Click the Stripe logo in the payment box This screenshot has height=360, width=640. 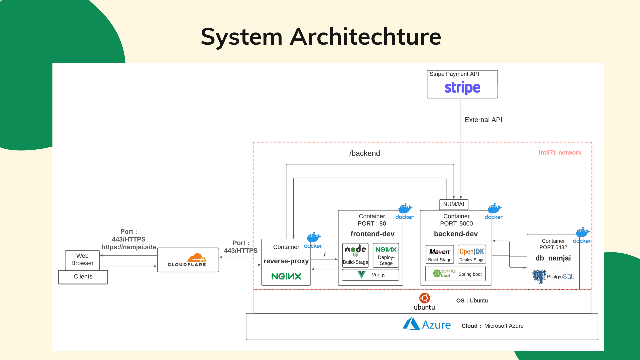click(x=462, y=88)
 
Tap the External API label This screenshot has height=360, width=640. click(x=483, y=120)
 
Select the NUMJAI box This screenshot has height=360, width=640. click(x=454, y=204)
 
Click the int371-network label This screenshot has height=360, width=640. click(x=560, y=153)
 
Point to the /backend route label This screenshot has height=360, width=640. click(x=364, y=153)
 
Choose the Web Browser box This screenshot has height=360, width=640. click(x=82, y=260)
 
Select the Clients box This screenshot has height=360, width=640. click(x=83, y=277)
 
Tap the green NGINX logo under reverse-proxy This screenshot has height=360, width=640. click(x=286, y=276)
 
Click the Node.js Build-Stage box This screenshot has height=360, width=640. click(x=355, y=255)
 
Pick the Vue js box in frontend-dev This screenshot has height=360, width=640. click(x=370, y=275)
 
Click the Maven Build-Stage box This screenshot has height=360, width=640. click(x=440, y=255)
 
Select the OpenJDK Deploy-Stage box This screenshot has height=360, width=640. click(x=472, y=255)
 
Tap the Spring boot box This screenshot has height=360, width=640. click(x=455, y=274)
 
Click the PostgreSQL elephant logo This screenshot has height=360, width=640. click(x=539, y=276)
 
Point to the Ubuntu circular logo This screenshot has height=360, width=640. click(x=424, y=298)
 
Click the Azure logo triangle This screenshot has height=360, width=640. click(x=411, y=324)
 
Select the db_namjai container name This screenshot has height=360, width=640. click(x=553, y=258)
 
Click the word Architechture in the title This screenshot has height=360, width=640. click(x=365, y=37)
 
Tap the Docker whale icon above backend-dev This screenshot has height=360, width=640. click(x=494, y=209)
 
